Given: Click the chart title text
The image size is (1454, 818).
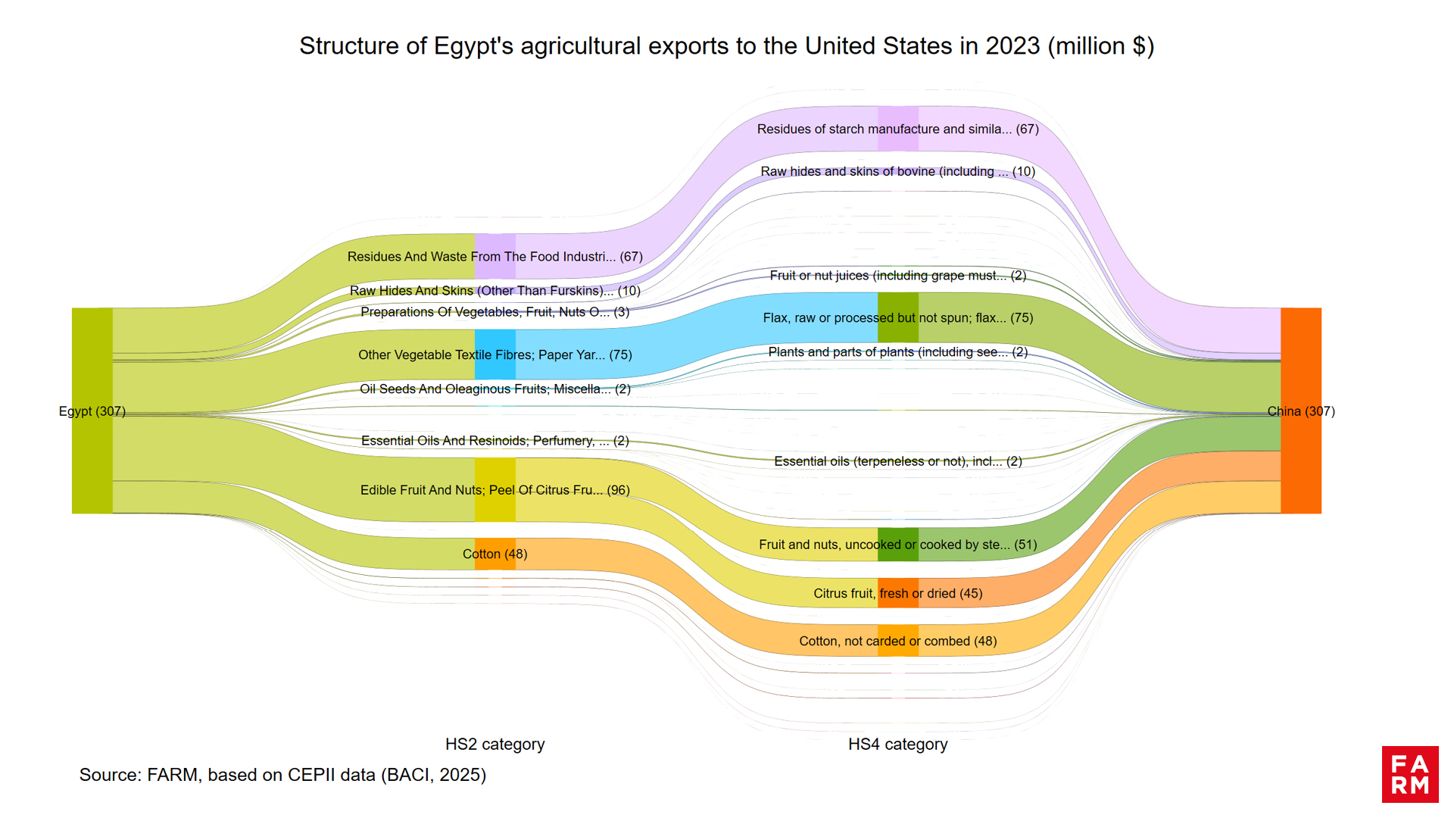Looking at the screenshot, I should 726,46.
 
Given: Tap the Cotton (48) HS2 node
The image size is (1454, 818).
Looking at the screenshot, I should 495,554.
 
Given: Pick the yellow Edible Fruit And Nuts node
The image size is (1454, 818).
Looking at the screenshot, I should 495,490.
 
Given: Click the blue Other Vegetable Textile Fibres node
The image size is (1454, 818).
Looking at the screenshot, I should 495,354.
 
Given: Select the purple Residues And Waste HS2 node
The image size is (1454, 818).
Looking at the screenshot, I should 495,256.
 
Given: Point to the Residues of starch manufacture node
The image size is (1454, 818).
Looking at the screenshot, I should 897,129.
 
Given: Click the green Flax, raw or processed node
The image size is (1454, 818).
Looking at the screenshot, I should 897,317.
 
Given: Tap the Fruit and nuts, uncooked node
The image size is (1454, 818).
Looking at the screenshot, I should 897,544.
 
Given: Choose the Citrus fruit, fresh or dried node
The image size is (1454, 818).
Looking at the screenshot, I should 897,593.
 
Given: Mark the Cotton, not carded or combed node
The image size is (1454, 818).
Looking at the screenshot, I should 897,641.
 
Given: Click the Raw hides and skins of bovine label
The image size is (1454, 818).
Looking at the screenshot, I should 897,172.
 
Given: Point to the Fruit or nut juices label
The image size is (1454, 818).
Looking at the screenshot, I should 897,276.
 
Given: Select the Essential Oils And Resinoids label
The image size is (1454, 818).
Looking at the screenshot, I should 495,441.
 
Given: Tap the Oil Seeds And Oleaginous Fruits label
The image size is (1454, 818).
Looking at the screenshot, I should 495,389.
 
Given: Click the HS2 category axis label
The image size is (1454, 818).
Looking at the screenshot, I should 495,745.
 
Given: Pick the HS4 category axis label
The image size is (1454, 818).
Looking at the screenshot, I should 897,745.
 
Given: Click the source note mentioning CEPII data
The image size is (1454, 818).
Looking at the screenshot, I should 282,775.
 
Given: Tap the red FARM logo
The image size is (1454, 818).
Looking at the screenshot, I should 1409,774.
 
